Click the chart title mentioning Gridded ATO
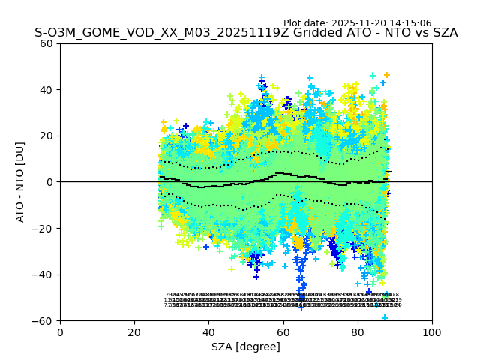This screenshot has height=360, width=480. pyautogui.click(x=245, y=33)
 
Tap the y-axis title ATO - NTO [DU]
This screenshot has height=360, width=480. pyautogui.click(x=20, y=182)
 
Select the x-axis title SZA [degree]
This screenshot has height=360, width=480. pyautogui.click(x=246, y=346)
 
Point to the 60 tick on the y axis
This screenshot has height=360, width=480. pyautogui.click(x=47, y=43)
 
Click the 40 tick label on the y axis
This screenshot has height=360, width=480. pyautogui.click(x=47, y=90)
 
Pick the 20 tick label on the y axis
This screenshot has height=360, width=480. pyautogui.click(x=47, y=136)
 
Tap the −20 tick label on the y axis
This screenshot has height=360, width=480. pyautogui.click(x=43, y=229)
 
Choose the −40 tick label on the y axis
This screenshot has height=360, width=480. pyautogui.click(x=43, y=274)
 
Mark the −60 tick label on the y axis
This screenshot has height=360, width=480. pyautogui.click(x=43, y=321)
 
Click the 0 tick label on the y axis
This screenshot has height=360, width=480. pyautogui.click(x=50, y=182)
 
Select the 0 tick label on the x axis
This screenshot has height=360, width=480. pyautogui.click(x=60, y=331)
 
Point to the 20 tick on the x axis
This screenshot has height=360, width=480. pyautogui.click(x=134, y=331)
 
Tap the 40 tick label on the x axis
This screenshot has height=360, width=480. pyautogui.click(x=208, y=331)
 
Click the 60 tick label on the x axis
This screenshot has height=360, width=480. pyautogui.click(x=283, y=331)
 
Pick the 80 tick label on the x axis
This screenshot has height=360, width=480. pyautogui.click(x=358, y=331)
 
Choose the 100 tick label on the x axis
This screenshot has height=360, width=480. pyautogui.click(x=432, y=331)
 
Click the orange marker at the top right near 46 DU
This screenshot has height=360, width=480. pyautogui.click(x=387, y=75)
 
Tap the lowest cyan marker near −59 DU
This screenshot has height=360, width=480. pyautogui.click(x=385, y=318)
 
